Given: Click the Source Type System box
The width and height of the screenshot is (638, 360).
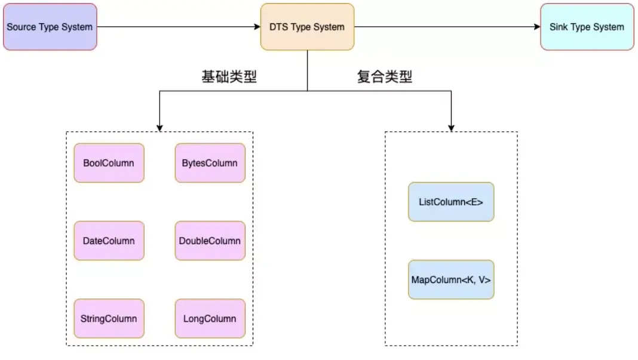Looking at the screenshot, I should click(50, 27).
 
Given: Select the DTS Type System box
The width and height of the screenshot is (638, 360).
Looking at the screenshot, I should click(307, 27).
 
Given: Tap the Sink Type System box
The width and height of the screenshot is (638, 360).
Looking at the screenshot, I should click(587, 27).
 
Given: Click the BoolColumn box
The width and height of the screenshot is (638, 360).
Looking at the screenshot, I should click(109, 163).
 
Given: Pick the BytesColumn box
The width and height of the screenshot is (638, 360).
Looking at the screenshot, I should click(210, 163).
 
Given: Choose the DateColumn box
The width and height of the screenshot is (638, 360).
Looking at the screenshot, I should click(109, 241).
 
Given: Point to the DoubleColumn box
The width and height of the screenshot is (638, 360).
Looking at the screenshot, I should click(210, 241).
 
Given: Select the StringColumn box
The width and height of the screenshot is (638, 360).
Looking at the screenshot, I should click(109, 319).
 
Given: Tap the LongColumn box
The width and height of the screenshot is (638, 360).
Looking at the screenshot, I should click(210, 319).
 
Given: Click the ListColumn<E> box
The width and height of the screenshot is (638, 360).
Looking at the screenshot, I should click(451, 202).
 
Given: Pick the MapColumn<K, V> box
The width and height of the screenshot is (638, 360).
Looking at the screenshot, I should click(451, 279).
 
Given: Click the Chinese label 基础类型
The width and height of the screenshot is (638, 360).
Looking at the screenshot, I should click(229, 77).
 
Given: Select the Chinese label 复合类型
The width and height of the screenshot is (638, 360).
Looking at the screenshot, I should click(385, 77).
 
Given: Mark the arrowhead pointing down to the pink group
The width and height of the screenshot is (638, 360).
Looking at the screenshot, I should click(159, 127).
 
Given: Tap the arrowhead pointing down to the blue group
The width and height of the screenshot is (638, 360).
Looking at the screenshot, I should click(451, 127).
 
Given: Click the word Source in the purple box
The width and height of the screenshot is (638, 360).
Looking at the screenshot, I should click(21, 27).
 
